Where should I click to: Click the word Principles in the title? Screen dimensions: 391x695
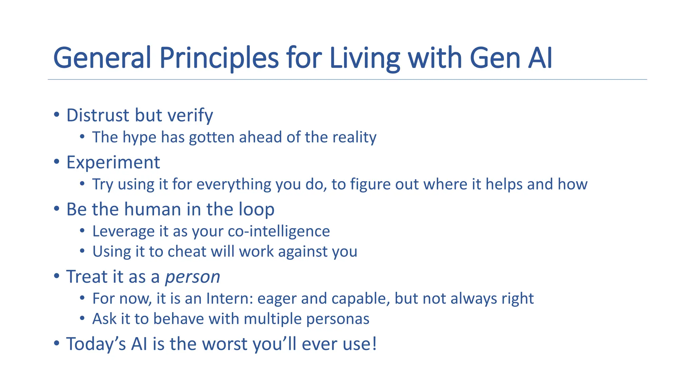click(x=219, y=58)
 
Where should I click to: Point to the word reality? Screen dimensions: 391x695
click(x=354, y=137)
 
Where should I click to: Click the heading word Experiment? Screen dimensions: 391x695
click(x=113, y=163)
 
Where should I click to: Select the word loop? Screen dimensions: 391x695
click(x=257, y=209)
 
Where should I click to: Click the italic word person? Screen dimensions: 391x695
click(x=192, y=277)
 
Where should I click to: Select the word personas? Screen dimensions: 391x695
click(x=338, y=319)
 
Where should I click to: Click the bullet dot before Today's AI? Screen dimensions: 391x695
click(x=57, y=343)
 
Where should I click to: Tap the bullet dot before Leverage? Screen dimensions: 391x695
click(x=82, y=231)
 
